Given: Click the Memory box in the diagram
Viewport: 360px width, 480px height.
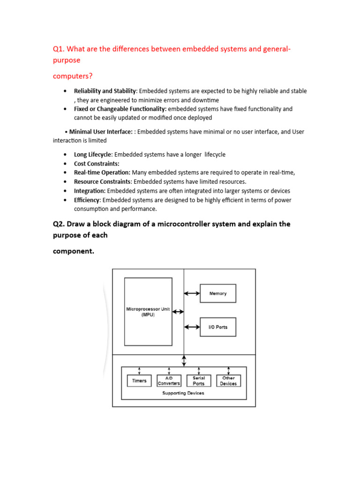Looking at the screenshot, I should pyautogui.click(x=217, y=293).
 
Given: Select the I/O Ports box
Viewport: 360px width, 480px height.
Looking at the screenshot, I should pyautogui.click(x=217, y=327).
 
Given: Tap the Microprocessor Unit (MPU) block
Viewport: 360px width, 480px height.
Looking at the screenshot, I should pyautogui.click(x=148, y=312).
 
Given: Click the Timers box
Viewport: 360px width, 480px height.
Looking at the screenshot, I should pyautogui.click(x=139, y=381).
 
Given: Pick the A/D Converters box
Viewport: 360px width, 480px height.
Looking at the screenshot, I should pyautogui.click(x=169, y=381).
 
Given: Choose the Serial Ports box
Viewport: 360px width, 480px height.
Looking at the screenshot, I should pyautogui.click(x=199, y=381).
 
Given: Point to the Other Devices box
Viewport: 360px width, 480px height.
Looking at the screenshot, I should pyautogui.click(x=228, y=381).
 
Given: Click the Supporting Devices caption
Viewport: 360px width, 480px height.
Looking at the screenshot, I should pyautogui.click(x=183, y=393).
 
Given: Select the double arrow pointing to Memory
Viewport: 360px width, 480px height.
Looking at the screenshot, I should pyautogui.click(x=191, y=293).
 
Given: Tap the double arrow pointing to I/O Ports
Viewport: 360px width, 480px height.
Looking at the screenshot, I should pyautogui.click(x=191, y=327).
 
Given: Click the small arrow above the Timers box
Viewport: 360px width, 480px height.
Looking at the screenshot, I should pyautogui.click(x=139, y=371).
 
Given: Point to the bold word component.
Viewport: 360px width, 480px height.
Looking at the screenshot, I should pyautogui.click(x=73, y=251).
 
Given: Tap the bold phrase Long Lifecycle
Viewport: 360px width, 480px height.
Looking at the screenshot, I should pyautogui.click(x=93, y=154).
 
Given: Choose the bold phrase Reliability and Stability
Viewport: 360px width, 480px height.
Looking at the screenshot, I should pyautogui.click(x=105, y=91).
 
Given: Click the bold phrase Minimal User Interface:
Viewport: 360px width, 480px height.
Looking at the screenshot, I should pyautogui.click(x=101, y=132).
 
